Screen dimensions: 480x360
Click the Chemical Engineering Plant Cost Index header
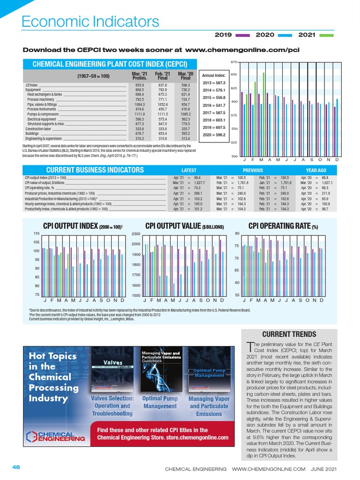pyautogui.click(x=110, y=64)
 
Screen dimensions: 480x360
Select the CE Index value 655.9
pyautogui.click(x=140, y=85)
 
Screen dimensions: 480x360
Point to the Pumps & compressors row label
pyautogui.click(x=43, y=114)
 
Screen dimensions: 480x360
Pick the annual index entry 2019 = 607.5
pyautogui.click(x=214, y=127)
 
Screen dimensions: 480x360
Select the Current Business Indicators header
pyautogui.click(x=95, y=170)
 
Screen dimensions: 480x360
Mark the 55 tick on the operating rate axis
pyautogui.click(x=237, y=295)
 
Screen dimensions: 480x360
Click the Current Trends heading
pyautogui.click(x=288, y=334)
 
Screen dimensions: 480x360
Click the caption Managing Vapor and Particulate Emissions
pyautogui.click(x=209, y=406)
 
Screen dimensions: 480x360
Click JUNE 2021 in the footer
pyautogui.click(x=324, y=469)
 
